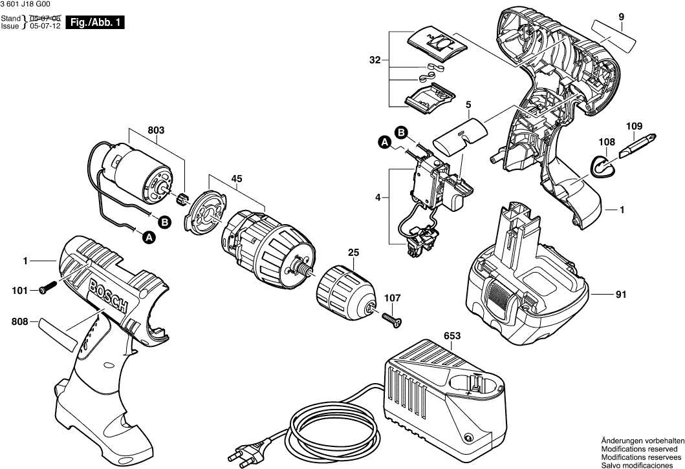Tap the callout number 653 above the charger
click(x=453, y=335)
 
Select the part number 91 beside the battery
click(x=621, y=295)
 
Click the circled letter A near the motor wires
click(x=149, y=238)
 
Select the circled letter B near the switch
click(x=400, y=133)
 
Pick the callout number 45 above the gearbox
click(x=237, y=180)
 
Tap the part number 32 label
click(x=375, y=61)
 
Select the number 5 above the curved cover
click(x=468, y=103)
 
